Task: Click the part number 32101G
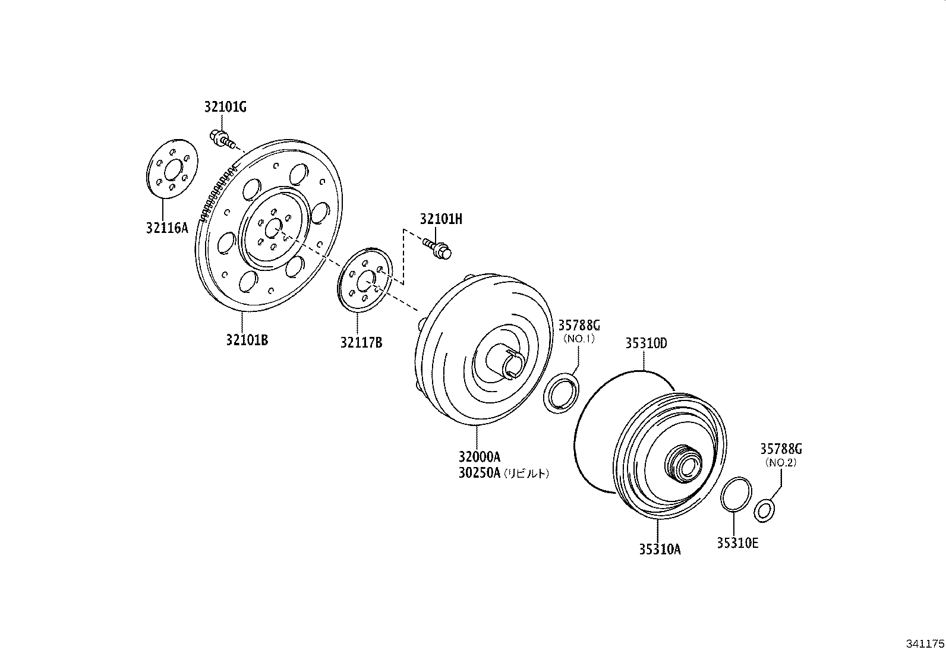pyautogui.click(x=225, y=108)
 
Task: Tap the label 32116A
pyautogui.click(x=167, y=227)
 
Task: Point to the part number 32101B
pyautogui.click(x=247, y=340)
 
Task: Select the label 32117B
pyautogui.click(x=361, y=343)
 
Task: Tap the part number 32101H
pyautogui.click(x=440, y=219)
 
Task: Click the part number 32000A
pyautogui.click(x=479, y=458)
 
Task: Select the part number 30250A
pyautogui.click(x=479, y=474)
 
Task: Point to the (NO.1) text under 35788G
pyautogui.click(x=579, y=339)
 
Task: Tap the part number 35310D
pyautogui.click(x=645, y=343)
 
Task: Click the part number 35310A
pyautogui.click(x=659, y=550)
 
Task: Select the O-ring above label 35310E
pyautogui.click(x=736, y=493)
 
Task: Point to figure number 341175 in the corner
pyautogui.click(x=925, y=643)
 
